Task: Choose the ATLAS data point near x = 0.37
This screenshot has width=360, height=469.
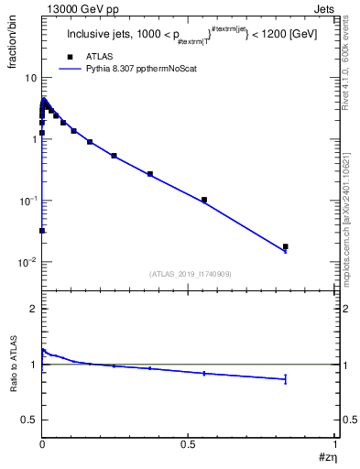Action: (150, 174)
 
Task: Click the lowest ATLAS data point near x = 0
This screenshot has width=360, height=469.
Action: (42, 231)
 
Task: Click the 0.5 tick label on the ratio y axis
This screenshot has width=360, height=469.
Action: (27, 420)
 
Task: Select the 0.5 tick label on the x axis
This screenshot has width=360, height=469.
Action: (189, 444)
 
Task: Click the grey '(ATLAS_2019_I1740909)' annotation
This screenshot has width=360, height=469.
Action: (189, 274)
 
